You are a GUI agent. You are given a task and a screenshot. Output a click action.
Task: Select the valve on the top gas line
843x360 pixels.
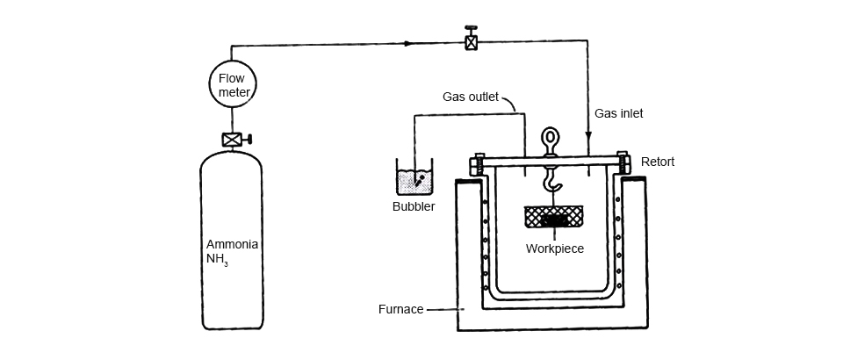click(x=472, y=40)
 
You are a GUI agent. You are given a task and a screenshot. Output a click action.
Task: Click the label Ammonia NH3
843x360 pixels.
click(x=232, y=251)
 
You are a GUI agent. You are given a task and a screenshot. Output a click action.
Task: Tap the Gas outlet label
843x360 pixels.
click(x=472, y=97)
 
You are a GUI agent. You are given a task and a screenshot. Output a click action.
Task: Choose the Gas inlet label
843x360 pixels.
click(x=619, y=113)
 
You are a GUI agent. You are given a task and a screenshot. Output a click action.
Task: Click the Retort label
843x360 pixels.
click(x=658, y=162)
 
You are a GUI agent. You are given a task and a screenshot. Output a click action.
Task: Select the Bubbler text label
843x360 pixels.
click(x=414, y=207)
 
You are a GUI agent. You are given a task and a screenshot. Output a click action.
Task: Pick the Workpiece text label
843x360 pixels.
click(x=555, y=248)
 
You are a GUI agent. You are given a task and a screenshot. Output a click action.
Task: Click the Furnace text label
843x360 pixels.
click(x=401, y=309)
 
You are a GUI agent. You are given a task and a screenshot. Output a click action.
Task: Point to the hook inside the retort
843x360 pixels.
click(x=551, y=182)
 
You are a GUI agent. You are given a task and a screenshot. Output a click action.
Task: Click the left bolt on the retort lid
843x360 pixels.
click(x=479, y=163)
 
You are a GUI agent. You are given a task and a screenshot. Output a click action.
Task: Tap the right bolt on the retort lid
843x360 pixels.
click(x=623, y=163)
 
